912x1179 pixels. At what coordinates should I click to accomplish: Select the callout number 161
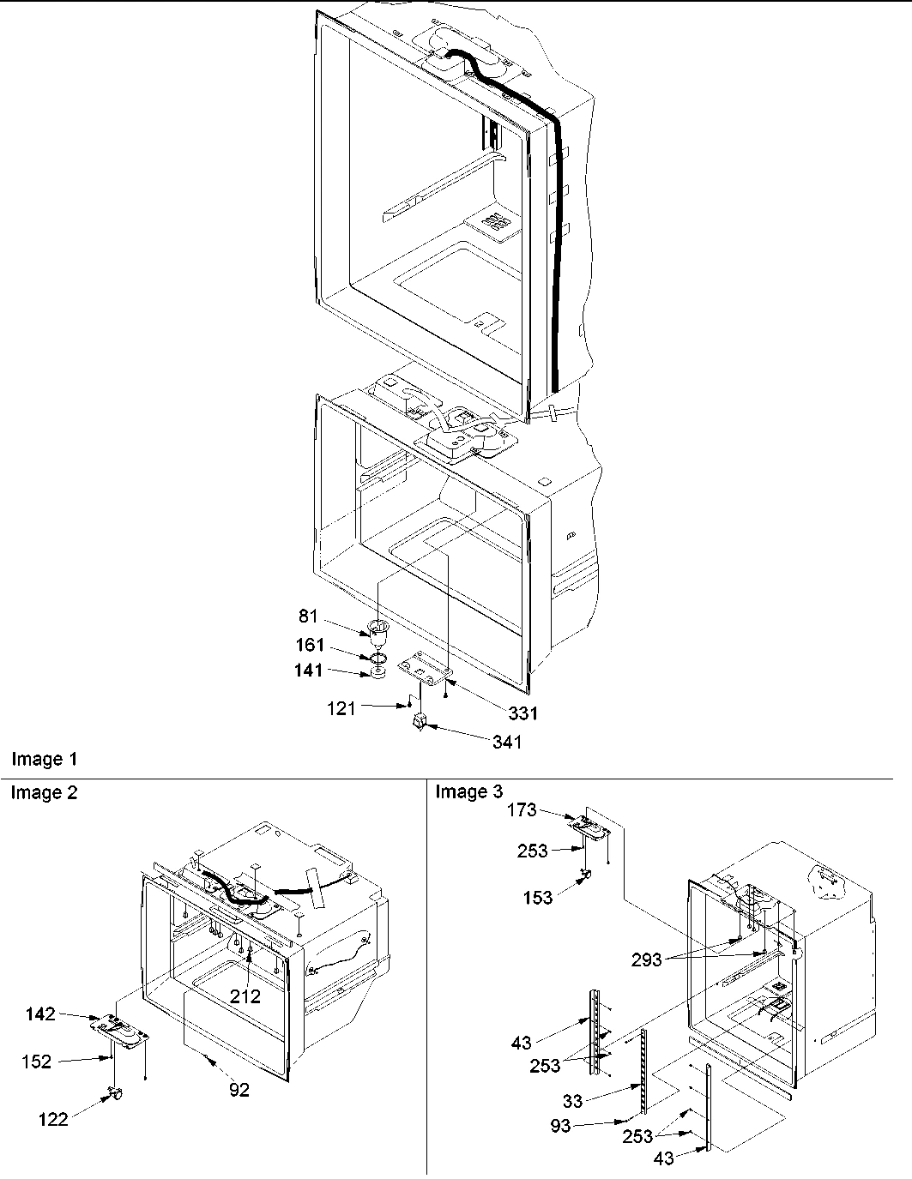tap(310, 646)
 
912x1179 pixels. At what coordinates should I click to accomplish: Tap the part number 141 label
tap(308, 671)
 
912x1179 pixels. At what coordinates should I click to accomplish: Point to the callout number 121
tap(341, 709)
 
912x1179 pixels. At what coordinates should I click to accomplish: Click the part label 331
tap(522, 713)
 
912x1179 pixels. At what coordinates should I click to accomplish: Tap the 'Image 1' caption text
tap(44, 759)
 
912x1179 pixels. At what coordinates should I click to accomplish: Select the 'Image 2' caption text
tap(44, 793)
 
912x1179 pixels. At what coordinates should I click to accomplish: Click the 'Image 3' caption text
tap(468, 792)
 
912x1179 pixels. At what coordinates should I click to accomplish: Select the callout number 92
tap(239, 1090)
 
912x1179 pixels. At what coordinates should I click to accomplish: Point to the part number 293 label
tap(646, 959)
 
